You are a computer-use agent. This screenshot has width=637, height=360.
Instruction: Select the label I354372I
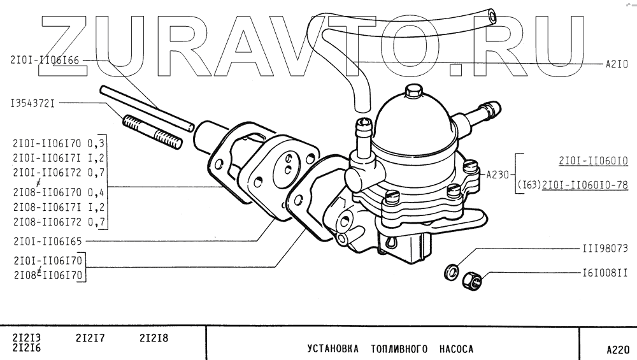click(31, 103)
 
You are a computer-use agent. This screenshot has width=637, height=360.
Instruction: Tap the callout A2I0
click(617, 64)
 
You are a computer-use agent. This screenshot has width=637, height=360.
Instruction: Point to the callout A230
click(498, 173)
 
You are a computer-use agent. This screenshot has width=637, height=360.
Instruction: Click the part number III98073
click(605, 248)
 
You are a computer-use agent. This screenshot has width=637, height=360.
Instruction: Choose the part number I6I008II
click(605, 273)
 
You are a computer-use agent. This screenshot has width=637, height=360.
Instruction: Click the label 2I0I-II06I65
click(48, 241)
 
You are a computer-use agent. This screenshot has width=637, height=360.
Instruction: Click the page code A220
click(617, 349)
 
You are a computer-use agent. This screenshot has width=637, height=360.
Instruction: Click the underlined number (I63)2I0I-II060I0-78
click(573, 185)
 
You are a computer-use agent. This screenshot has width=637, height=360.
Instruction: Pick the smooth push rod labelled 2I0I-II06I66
click(147, 108)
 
